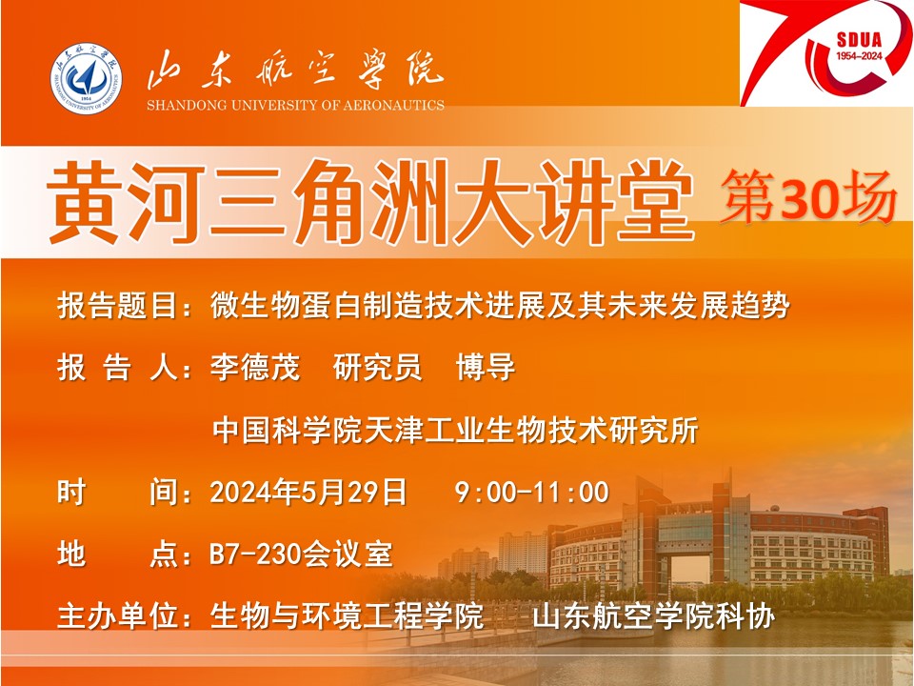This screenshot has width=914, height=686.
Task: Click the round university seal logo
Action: tap(87, 77)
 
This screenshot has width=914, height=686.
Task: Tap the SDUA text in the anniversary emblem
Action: tap(859, 40)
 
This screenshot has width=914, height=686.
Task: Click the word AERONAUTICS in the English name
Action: tap(393, 106)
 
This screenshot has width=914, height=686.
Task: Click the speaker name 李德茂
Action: tap(255, 368)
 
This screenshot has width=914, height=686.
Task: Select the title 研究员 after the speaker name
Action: tap(378, 368)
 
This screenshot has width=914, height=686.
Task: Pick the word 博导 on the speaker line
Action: tap(486, 368)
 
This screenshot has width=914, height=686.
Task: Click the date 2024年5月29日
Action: tap(308, 492)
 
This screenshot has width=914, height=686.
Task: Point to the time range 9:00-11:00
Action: tap(531, 492)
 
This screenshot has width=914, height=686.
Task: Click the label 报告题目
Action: tap(118, 306)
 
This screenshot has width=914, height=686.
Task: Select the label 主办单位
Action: tap(118, 616)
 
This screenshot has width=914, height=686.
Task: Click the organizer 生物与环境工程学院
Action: tap(347, 616)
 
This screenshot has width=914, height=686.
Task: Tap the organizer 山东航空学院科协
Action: tap(654, 616)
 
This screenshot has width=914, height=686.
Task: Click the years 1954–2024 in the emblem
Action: tap(859, 56)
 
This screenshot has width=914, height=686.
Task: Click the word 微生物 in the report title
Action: tap(255, 306)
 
